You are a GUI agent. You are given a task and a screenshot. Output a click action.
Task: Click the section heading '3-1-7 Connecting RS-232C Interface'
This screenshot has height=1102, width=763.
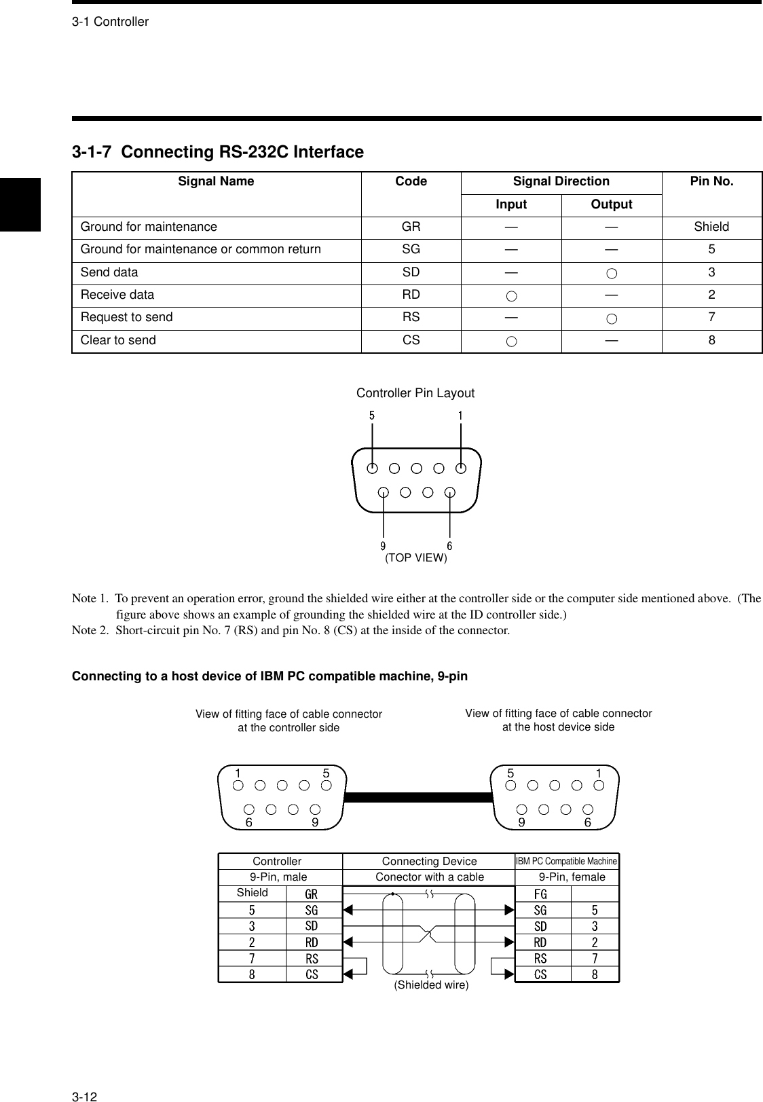[218, 152]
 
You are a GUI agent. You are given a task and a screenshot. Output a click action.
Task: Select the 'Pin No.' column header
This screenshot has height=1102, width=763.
[711, 181]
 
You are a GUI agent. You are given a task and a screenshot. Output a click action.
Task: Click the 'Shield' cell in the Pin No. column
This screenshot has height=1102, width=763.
[711, 227]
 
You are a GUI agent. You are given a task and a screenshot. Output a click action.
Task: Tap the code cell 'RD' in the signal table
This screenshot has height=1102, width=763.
[411, 295]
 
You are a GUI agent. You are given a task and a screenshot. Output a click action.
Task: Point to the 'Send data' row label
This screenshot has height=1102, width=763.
[109, 272]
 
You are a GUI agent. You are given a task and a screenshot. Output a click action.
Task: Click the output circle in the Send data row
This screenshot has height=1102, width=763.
[612, 273]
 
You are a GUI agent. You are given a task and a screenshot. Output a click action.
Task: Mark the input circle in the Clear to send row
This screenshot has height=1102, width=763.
[511, 341]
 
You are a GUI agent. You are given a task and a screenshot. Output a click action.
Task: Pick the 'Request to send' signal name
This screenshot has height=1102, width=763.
[127, 317]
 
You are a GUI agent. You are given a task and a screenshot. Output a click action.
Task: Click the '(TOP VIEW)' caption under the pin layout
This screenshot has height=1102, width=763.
[416, 558]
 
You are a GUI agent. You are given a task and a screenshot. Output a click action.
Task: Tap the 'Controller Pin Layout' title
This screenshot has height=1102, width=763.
[415, 393]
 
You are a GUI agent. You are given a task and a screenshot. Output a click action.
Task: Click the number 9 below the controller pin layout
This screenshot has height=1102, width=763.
[384, 546]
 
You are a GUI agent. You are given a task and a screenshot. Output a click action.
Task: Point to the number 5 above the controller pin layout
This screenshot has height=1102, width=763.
[372, 416]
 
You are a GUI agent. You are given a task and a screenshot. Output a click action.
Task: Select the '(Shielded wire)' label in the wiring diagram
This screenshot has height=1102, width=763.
[431, 985]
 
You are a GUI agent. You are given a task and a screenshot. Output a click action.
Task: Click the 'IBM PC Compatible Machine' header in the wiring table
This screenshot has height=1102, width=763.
[567, 861]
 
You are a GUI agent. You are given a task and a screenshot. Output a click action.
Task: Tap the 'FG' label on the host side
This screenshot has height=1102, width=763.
[540, 894]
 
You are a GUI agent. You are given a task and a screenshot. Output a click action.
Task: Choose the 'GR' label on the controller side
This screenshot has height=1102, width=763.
[311, 894]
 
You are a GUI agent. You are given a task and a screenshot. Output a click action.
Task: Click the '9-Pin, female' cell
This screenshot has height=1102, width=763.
[572, 877]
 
